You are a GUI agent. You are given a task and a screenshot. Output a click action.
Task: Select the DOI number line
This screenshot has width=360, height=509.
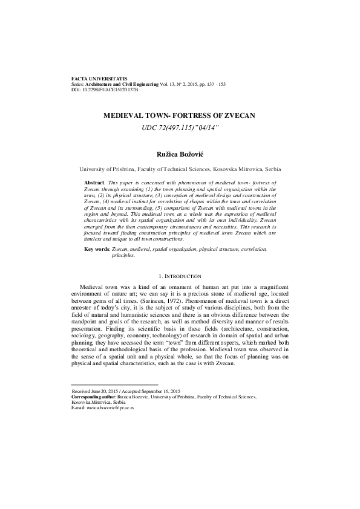pyautogui.click(x=104, y=89)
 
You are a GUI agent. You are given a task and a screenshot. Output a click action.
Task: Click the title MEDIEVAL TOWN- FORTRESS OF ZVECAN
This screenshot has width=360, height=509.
pyautogui.click(x=180, y=114)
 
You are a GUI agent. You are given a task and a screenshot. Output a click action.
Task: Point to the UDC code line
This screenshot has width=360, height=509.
pyautogui.click(x=180, y=126)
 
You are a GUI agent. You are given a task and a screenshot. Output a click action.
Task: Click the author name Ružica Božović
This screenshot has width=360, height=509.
pyautogui.click(x=180, y=140)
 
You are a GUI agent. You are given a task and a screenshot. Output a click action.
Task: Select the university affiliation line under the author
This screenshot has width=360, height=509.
pyautogui.click(x=180, y=154)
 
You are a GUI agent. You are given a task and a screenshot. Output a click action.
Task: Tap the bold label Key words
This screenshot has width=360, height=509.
pyautogui.click(x=97, y=265)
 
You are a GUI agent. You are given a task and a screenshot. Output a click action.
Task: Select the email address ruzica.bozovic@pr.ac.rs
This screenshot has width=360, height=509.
pyautogui.click(x=111, y=408)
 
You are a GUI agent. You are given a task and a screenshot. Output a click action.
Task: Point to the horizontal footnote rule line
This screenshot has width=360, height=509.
pyautogui.click(x=114, y=384)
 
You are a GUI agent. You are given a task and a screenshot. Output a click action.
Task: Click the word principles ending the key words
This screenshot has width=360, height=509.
pyautogui.click(x=123, y=272)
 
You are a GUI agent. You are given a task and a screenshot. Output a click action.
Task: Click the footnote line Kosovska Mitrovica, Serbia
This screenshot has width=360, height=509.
pyautogui.click(x=96, y=402)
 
